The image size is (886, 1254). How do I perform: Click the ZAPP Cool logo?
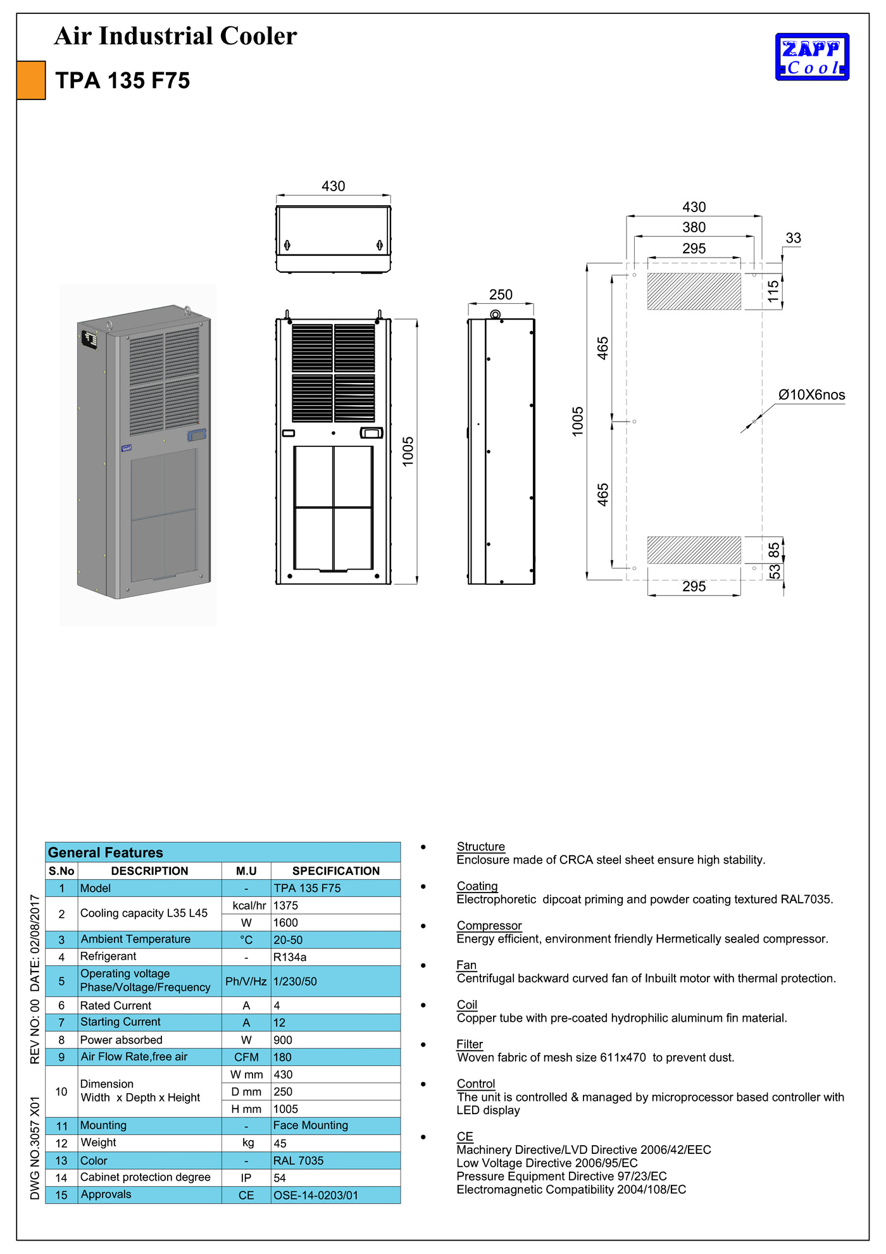click(x=812, y=57)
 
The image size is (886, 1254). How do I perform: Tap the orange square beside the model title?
click(x=31, y=80)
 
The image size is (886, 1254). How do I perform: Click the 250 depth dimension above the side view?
click(x=501, y=295)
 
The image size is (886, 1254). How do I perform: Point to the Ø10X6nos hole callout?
click(x=811, y=395)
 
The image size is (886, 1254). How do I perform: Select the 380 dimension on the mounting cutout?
click(x=694, y=227)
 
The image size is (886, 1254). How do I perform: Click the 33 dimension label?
click(x=793, y=238)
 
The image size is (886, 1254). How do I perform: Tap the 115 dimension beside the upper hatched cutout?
click(x=773, y=291)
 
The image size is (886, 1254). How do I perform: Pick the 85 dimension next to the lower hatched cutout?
click(x=774, y=550)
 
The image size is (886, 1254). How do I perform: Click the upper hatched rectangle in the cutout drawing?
click(x=694, y=291)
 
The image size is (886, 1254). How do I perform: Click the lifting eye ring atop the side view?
click(x=496, y=315)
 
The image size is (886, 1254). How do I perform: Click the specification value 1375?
click(x=285, y=905)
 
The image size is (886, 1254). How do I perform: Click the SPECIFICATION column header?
click(x=335, y=871)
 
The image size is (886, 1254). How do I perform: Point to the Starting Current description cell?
click(x=120, y=1022)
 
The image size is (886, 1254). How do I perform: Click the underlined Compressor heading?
click(x=489, y=925)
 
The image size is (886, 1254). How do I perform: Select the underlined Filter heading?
click(x=470, y=1044)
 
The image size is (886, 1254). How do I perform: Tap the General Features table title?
click(x=106, y=852)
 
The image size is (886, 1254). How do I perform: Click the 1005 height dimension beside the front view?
click(x=408, y=451)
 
